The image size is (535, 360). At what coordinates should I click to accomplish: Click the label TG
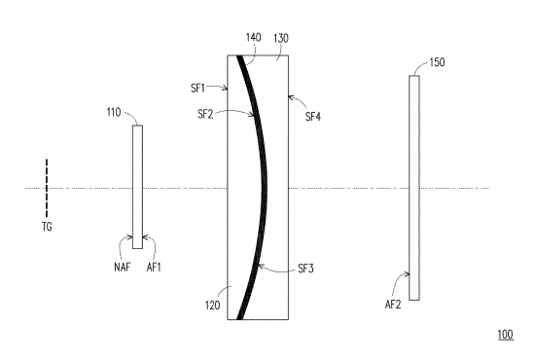(x=47, y=227)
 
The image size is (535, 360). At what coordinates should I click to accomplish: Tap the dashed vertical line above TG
(x=47, y=188)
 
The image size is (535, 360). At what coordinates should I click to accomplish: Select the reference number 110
(x=114, y=112)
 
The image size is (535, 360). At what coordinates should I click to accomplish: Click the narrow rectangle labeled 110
(x=137, y=187)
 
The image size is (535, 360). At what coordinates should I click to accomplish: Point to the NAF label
(x=123, y=268)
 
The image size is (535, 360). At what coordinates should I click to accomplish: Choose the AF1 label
(x=154, y=268)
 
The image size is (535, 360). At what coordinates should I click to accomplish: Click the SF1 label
(x=197, y=88)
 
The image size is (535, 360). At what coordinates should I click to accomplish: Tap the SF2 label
(x=205, y=114)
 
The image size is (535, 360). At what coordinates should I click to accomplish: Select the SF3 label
(x=305, y=269)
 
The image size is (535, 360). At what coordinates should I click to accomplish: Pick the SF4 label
(x=313, y=117)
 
